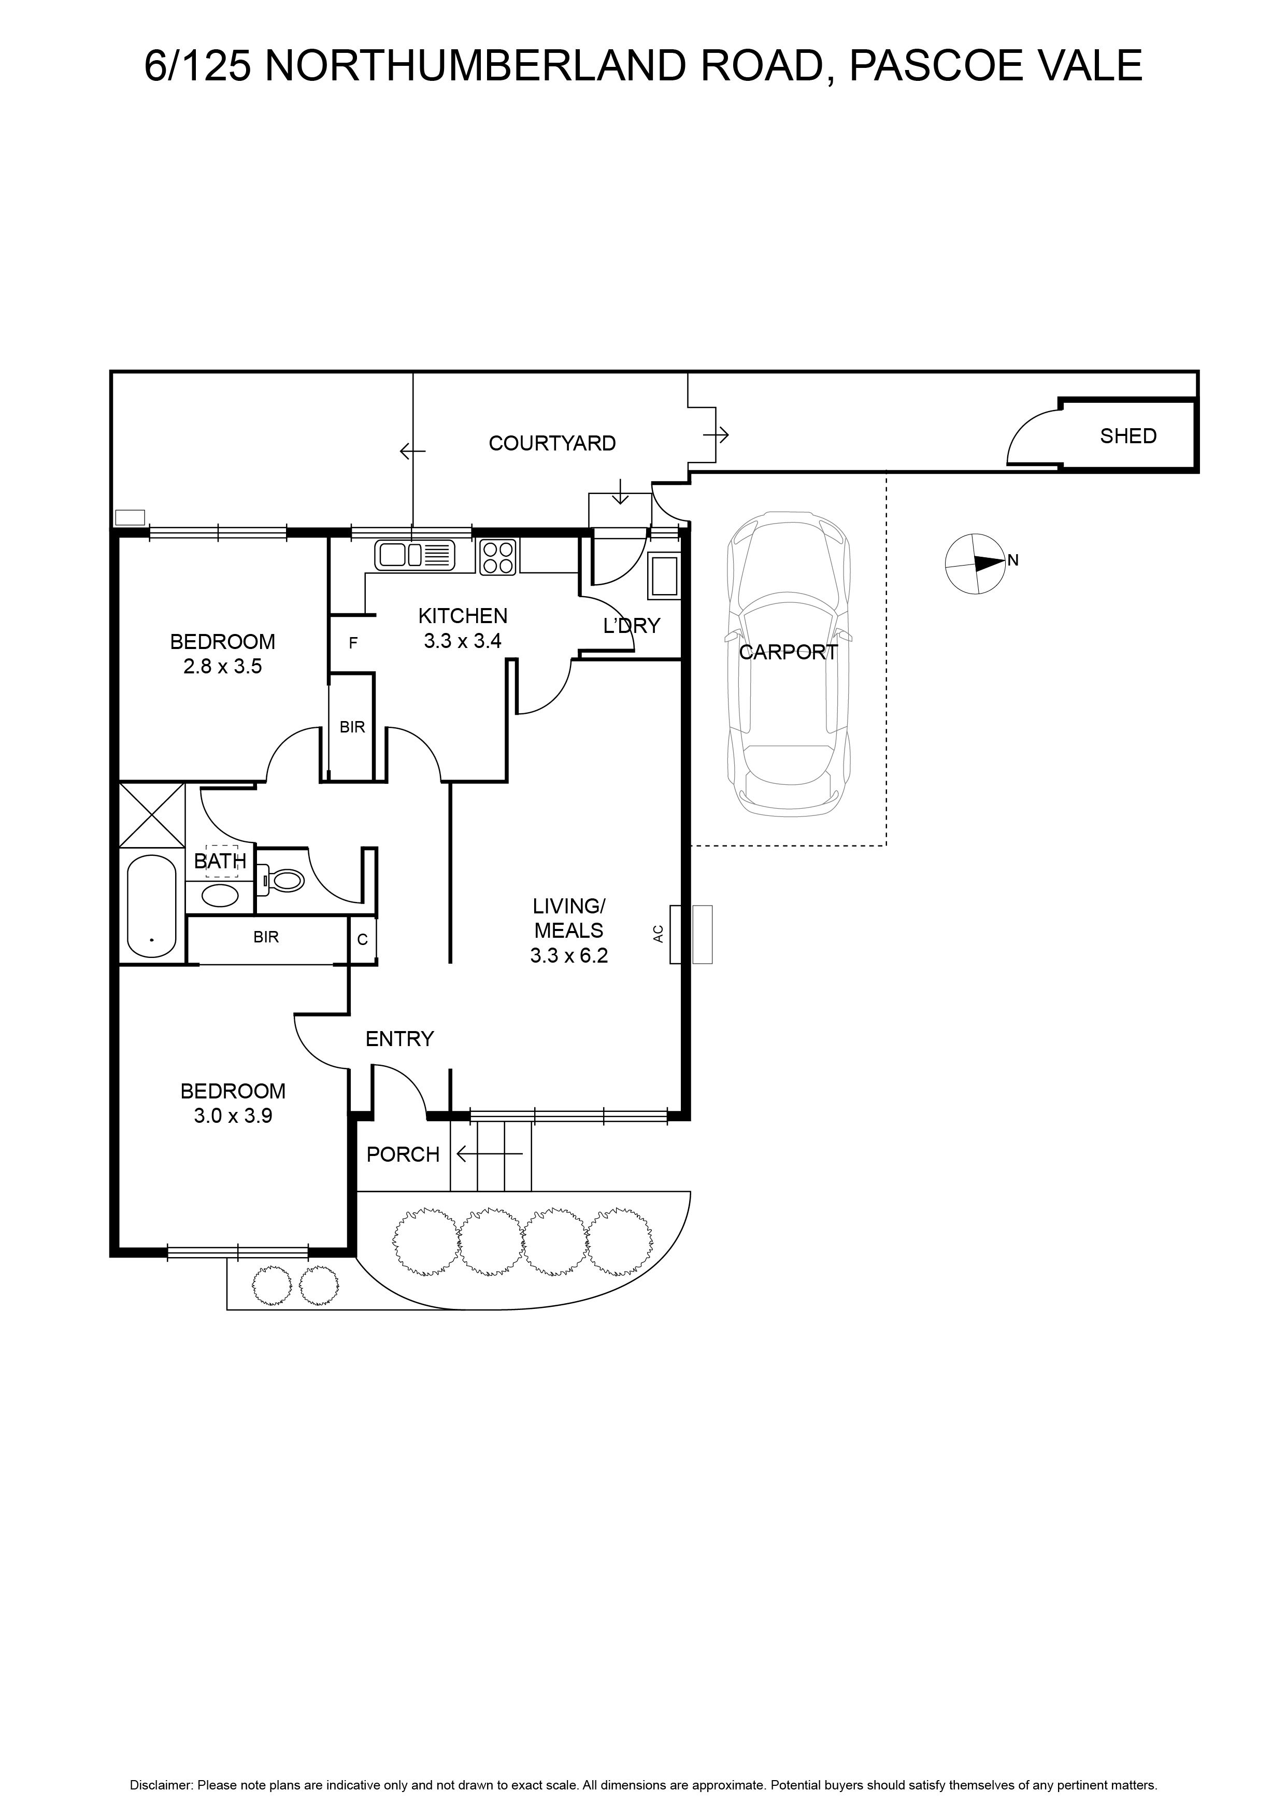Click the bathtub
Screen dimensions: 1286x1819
click(x=151, y=906)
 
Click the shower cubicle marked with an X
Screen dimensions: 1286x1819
click(x=151, y=815)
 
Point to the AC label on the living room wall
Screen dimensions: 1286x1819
click(x=658, y=934)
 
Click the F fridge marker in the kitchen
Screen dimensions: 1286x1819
click(x=353, y=643)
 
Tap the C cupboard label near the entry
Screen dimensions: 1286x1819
click(x=363, y=940)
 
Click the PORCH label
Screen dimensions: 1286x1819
click(x=403, y=1155)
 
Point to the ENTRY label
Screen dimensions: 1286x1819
click(x=400, y=1039)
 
